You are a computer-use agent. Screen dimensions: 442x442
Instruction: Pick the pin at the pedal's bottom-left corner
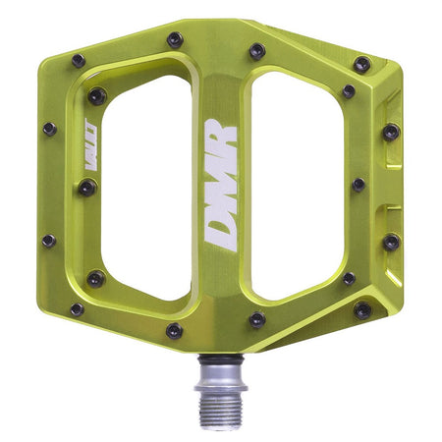[78, 309]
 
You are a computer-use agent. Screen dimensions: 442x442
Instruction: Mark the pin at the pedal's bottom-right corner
[362, 310]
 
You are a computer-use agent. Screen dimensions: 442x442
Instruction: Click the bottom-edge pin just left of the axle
[174, 330]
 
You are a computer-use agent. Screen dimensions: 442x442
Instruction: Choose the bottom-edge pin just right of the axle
[256, 319]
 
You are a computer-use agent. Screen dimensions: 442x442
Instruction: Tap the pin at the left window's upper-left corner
[97, 95]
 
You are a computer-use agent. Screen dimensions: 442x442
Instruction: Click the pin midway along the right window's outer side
[358, 184]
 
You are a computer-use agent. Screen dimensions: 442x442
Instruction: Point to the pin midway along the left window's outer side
[87, 187]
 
